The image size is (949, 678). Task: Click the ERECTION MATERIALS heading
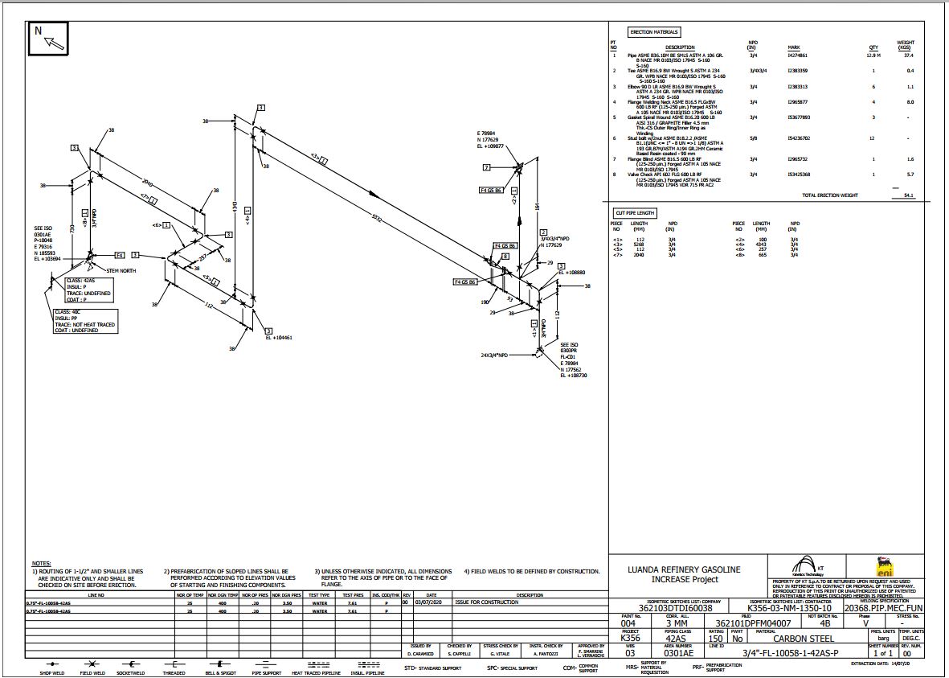tap(654, 32)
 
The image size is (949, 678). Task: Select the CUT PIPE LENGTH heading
tap(635, 213)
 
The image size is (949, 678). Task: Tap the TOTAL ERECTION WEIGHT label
tap(830, 195)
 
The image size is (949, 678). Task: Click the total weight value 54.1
tap(908, 195)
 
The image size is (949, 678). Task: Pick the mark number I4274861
tap(797, 55)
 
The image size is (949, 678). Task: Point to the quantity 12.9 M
tap(873, 55)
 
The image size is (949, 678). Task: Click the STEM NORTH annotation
tap(121, 271)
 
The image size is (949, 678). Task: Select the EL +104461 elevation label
tap(278, 338)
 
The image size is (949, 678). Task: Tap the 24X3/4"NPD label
tap(497, 355)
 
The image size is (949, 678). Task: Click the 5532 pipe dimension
tap(377, 217)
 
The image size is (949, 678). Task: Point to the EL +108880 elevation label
tap(573, 273)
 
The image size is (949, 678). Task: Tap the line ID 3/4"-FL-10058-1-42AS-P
tap(792, 652)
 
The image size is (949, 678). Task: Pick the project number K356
tap(630, 639)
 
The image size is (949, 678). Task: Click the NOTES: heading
tap(41, 563)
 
